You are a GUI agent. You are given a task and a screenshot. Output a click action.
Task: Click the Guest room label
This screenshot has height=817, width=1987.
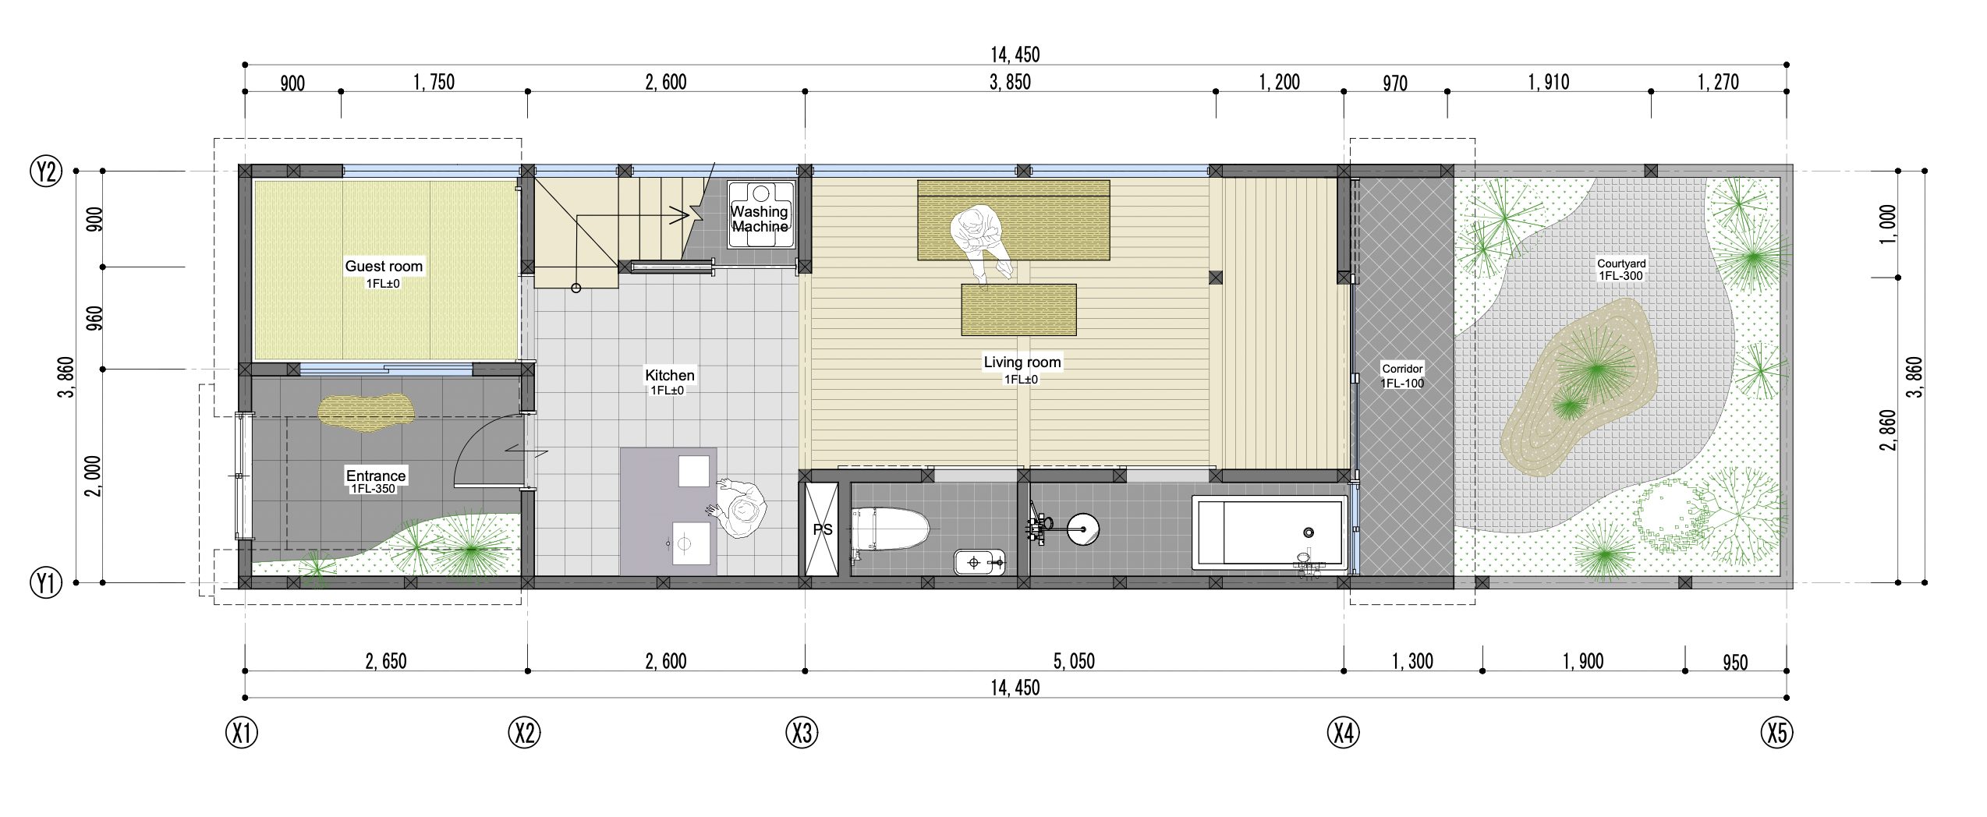[x=384, y=266]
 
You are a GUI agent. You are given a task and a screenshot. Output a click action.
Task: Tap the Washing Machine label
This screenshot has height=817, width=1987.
[x=760, y=219]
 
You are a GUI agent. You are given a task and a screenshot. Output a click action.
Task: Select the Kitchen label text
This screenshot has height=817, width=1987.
[x=669, y=375]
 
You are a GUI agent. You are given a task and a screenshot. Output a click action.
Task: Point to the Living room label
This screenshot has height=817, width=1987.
[x=1022, y=362]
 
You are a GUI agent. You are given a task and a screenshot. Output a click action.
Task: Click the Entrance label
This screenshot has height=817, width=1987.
[x=376, y=476]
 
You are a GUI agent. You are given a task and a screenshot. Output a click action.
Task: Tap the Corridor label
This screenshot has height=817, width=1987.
[x=1402, y=369]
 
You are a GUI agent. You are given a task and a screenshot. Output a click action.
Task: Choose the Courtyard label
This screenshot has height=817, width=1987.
[x=1621, y=263]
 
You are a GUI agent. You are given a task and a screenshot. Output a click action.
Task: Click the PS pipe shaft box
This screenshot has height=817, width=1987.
[x=821, y=529]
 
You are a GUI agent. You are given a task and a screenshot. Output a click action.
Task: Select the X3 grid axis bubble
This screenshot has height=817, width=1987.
[x=802, y=733]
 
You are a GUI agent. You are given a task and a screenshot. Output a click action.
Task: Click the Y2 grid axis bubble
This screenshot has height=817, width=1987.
[x=46, y=170]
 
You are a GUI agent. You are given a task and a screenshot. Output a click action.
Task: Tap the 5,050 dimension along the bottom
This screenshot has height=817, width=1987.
[x=1074, y=661]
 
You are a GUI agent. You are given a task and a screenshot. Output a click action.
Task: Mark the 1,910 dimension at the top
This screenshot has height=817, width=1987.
[x=1549, y=82]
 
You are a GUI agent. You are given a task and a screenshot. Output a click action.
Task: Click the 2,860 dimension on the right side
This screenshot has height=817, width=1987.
[x=1887, y=430]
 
